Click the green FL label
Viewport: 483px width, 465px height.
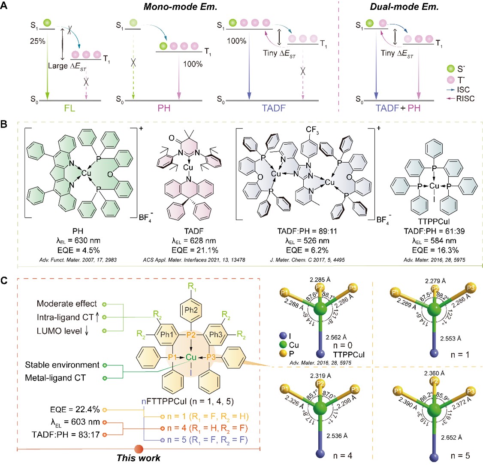click(x=70, y=108)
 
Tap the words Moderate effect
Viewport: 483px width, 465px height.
click(x=67, y=304)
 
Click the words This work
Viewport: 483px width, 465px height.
click(x=138, y=458)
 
